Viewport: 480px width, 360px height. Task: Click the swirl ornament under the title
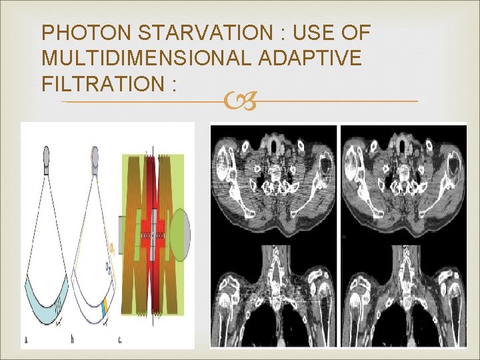click(x=239, y=102)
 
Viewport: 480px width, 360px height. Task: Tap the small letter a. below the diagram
click(x=27, y=339)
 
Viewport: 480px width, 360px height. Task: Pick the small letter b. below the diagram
click(x=73, y=339)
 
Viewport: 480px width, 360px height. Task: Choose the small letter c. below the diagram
click(x=120, y=339)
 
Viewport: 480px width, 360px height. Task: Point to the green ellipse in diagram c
click(x=180, y=234)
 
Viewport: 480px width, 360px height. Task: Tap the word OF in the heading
click(x=354, y=33)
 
